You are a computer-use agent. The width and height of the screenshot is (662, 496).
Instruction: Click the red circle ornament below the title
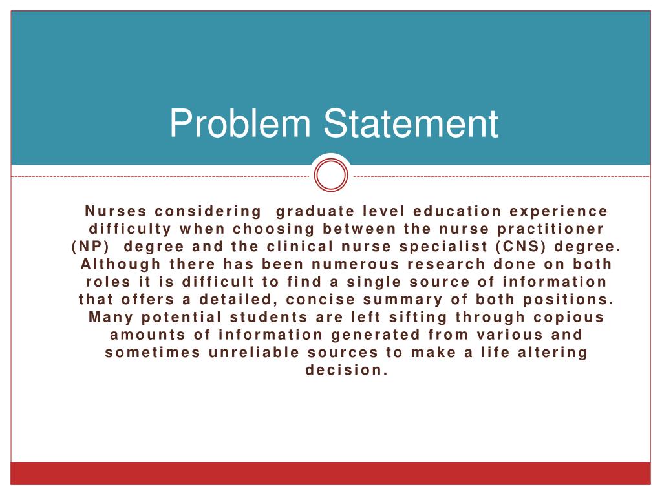click(331, 176)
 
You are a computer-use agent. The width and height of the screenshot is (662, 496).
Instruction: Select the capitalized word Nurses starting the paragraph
click(114, 211)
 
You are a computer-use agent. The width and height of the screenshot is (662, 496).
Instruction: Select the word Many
click(110, 317)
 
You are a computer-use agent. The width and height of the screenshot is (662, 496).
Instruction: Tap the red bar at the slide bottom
click(331, 473)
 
